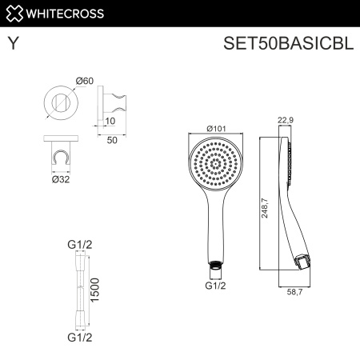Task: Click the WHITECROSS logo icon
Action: pyautogui.click(x=13, y=12)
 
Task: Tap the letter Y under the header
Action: pyautogui.click(x=13, y=43)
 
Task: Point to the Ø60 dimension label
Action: pyautogui.click(x=84, y=80)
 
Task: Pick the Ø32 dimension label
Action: pyautogui.click(x=60, y=179)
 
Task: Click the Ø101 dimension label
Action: pyautogui.click(x=214, y=127)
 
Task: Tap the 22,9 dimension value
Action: pyautogui.click(x=286, y=121)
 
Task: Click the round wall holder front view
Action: pyautogui.click(x=58, y=105)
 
